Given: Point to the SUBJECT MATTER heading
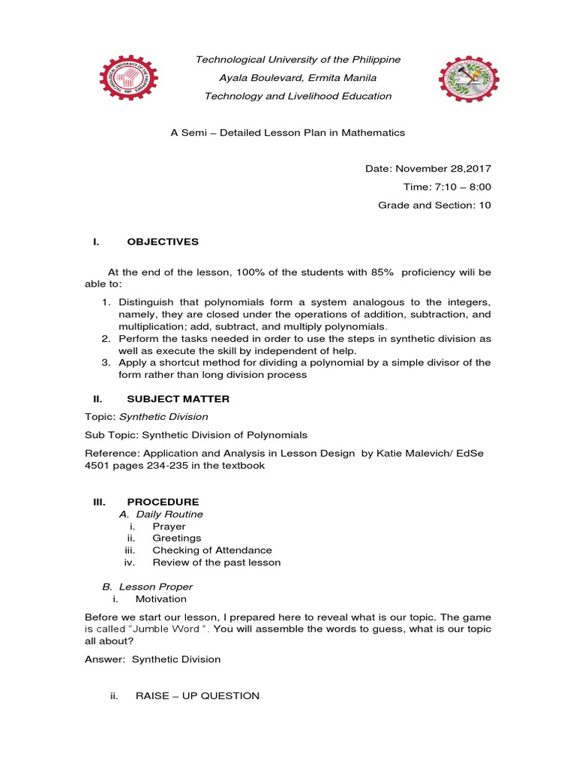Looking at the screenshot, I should pyautogui.click(x=178, y=398).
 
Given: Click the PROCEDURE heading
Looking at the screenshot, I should pyautogui.click(x=163, y=501).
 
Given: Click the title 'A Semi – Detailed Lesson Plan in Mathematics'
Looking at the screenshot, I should pyautogui.click(x=288, y=132).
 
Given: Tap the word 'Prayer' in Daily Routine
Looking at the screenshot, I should pyautogui.click(x=169, y=526).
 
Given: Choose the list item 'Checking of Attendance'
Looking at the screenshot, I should pyautogui.click(x=212, y=550).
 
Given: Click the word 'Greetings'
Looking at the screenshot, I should pyautogui.click(x=177, y=538).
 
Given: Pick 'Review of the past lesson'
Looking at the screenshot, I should pyautogui.click(x=217, y=562).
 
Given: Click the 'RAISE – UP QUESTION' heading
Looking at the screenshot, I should pyautogui.click(x=197, y=696).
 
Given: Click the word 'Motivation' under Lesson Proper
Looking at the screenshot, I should pyautogui.click(x=160, y=599).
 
